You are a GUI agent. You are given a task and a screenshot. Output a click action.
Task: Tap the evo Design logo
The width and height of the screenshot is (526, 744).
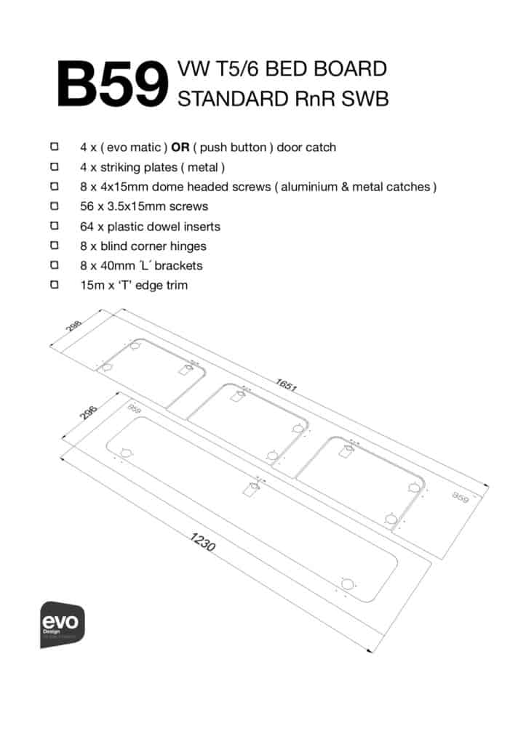tap(63, 623)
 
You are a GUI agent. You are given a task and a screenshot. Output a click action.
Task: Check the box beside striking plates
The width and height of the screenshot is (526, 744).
tap(55, 167)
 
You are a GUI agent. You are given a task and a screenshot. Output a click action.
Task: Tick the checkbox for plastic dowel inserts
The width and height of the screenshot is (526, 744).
tap(55, 226)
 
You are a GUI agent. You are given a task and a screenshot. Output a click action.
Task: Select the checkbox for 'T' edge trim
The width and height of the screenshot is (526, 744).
tap(55, 286)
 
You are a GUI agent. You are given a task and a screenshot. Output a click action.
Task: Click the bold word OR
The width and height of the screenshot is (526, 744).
tap(180, 147)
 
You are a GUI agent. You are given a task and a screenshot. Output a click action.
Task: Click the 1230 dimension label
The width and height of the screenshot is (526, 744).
tap(202, 542)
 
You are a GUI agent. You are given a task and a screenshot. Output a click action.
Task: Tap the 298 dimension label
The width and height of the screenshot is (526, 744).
tap(73, 326)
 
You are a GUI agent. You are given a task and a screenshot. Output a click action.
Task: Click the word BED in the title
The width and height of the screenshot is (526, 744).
tap(282, 70)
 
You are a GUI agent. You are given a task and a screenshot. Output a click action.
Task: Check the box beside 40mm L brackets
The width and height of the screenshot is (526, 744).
tap(55, 266)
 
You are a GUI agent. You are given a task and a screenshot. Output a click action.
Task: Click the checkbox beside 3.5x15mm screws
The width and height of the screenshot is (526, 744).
tap(55, 206)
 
